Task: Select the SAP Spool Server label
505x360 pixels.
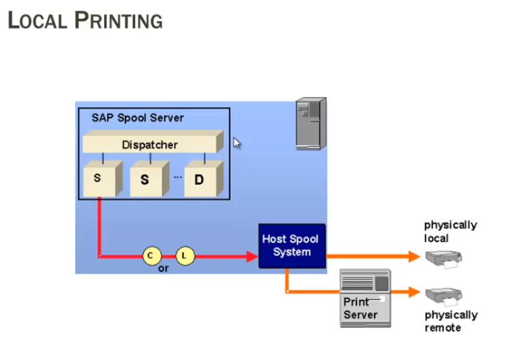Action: [x=137, y=118]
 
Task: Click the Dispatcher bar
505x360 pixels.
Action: [x=150, y=145]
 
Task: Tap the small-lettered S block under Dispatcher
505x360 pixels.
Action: [x=99, y=179]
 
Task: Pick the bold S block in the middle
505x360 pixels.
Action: [x=146, y=180]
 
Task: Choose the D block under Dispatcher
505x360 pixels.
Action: [x=199, y=180]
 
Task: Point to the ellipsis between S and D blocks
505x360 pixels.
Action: [x=178, y=176]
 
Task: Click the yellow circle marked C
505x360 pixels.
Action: [x=150, y=256]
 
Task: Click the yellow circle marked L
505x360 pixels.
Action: [x=185, y=256]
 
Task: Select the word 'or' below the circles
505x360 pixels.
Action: [x=164, y=268]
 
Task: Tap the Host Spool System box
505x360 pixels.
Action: [x=292, y=246]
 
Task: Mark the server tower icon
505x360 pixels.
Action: [x=311, y=124]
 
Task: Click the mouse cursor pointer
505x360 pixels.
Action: [x=236, y=143]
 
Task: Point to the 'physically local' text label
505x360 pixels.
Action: [x=450, y=232]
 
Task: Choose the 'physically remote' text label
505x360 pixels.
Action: [x=450, y=321]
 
